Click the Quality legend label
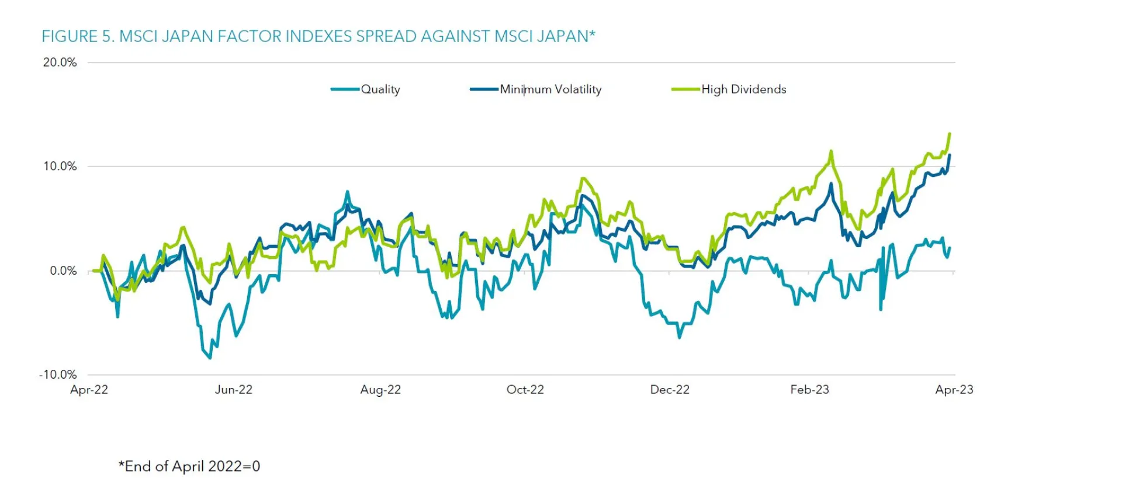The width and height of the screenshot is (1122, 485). click(x=380, y=89)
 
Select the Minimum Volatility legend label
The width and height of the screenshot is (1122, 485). click(x=550, y=89)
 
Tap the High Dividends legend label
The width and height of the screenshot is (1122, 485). click(x=743, y=89)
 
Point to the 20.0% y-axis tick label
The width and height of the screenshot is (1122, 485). click(x=60, y=63)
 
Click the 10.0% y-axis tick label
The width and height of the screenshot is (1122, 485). click(x=60, y=167)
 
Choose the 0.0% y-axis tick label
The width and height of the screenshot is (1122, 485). click(x=63, y=271)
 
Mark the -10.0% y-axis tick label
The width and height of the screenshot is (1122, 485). click(x=58, y=375)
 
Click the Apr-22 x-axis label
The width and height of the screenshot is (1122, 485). click(x=89, y=390)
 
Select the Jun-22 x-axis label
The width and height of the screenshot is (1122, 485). click(x=233, y=390)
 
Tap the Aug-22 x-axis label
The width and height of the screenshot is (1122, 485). click(x=380, y=390)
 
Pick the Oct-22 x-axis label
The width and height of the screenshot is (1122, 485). click(x=525, y=390)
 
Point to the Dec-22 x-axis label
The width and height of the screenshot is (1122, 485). click(x=670, y=390)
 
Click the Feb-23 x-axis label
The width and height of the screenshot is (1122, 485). click(x=809, y=390)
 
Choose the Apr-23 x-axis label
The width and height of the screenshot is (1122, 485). click(x=954, y=390)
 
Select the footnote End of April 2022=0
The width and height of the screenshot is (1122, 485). click(x=189, y=466)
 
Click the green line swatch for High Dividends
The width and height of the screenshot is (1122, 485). click(x=685, y=89)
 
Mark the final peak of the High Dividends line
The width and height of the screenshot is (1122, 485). click(x=950, y=134)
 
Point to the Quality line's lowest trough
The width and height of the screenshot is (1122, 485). click(x=210, y=358)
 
